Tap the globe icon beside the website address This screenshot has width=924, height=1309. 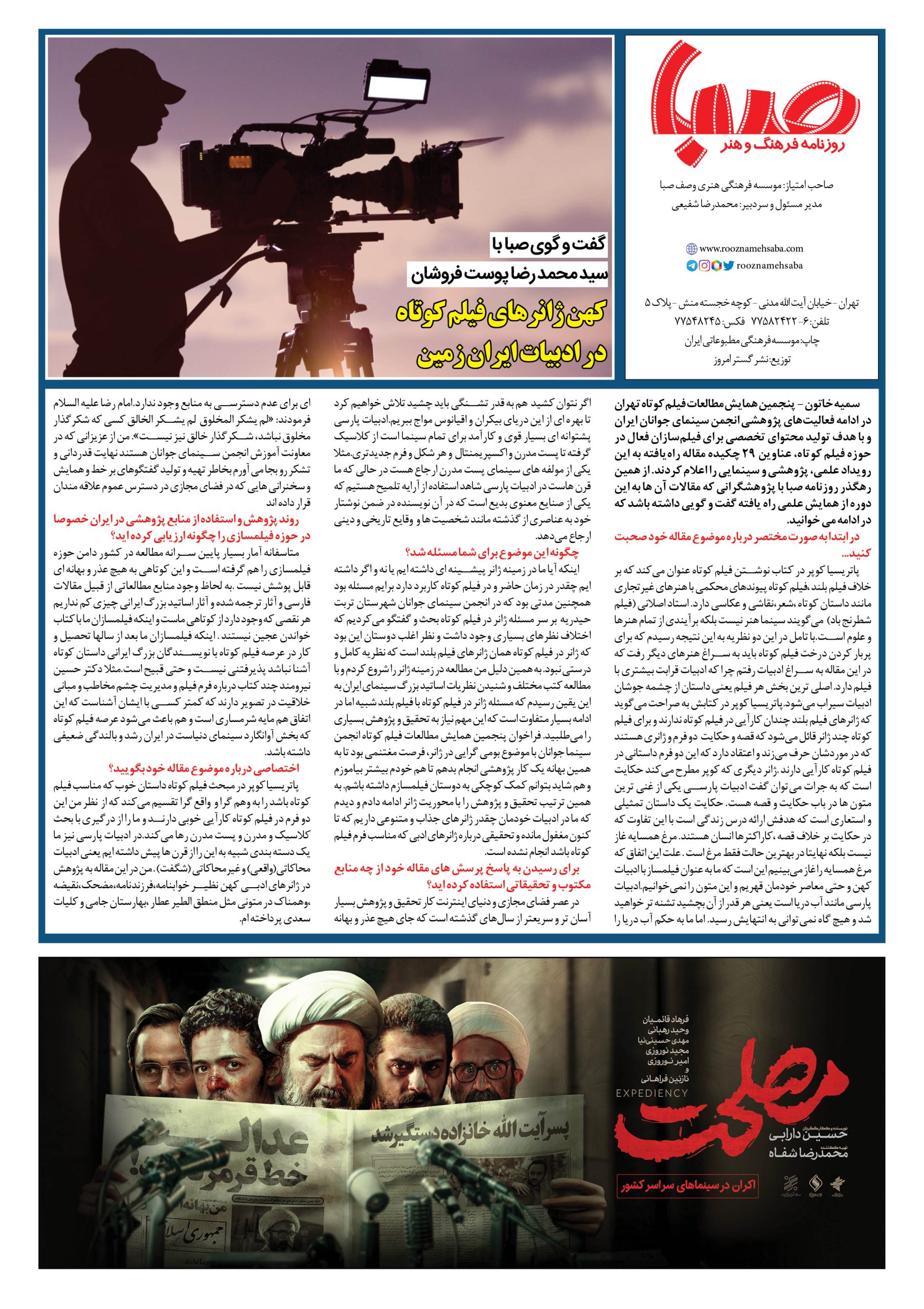pos(691,249)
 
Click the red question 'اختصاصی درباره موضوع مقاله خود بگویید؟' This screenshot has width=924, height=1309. pos(208,767)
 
